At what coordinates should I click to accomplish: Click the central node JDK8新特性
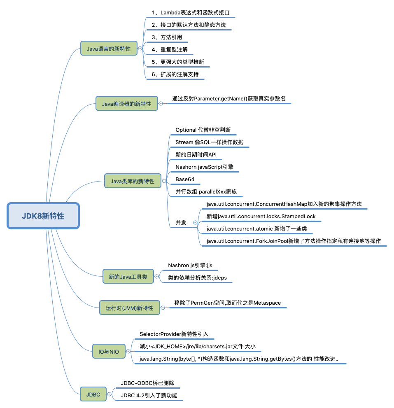click(x=43, y=216)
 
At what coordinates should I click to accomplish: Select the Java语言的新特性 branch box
click(x=108, y=49)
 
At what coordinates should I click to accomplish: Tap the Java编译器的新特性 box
click(x=126, y=104)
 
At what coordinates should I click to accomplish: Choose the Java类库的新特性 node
click(x=133, y=181)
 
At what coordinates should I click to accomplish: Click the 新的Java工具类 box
click(x=128, y=277)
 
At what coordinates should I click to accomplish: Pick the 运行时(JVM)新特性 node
click(x=129, y=308)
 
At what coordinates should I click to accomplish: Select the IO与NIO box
click(x=108, y=351)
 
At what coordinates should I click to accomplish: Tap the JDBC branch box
click(x=93, y=394)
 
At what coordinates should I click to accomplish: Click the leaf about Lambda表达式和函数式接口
click(x=190, y=13)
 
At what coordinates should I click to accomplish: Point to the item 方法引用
click(x=167, y=37)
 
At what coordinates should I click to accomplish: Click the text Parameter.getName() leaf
click(x=228, y=99)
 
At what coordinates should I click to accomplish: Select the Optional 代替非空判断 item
click(x=203, y=130)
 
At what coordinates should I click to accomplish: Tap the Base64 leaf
click(x=185, y=179)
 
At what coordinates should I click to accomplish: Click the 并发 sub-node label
click(x=181, y=222)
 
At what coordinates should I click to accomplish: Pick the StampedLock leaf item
click(x=261, y=216)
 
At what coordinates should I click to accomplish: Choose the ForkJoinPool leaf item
click(x=294, y=241)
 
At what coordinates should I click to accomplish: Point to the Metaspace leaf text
click(x=227, y=303)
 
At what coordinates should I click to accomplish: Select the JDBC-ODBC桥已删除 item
click(x=147, y=383)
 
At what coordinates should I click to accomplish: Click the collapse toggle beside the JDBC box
click(x=110, y=394)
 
